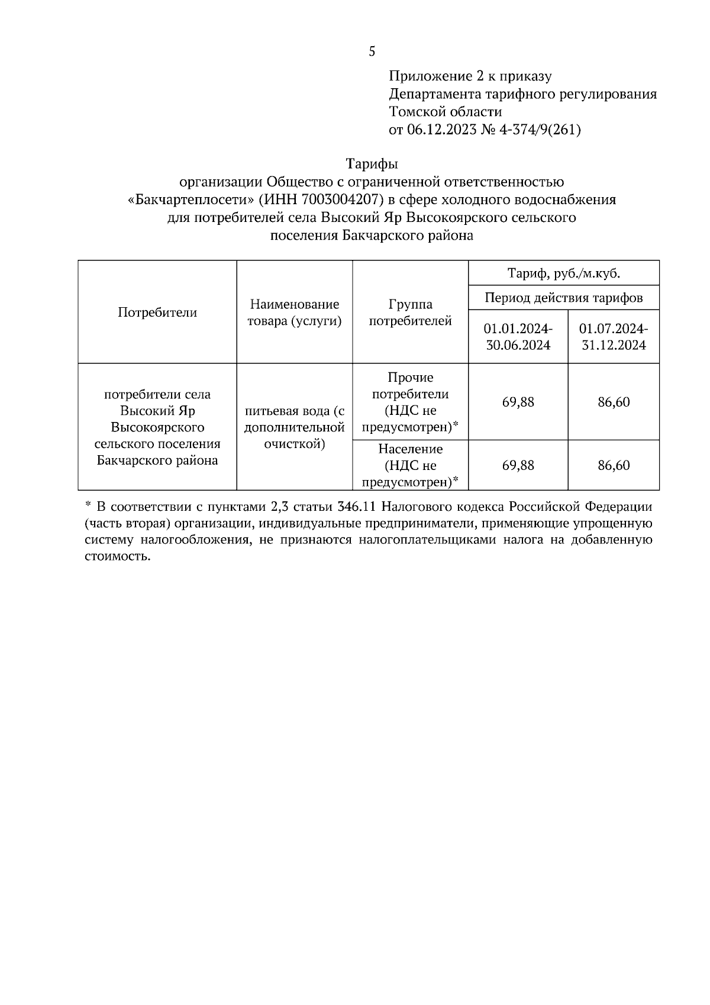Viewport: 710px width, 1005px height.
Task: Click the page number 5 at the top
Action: (x=372, y=51)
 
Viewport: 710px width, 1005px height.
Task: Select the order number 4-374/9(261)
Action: (x=540, y=130)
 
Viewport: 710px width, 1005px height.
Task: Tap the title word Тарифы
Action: (x=372, y=164)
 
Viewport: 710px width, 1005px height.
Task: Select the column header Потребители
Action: (x=157, y=313)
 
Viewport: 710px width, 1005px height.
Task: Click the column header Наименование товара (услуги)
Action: (x=295, y=313)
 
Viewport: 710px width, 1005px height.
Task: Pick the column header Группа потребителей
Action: (x=410, y=313)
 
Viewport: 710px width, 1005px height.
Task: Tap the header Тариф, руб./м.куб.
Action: (x=563, y=273)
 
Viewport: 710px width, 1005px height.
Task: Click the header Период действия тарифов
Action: (x=563, y=298)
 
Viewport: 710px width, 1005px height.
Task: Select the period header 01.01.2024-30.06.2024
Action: (x=518, y=337)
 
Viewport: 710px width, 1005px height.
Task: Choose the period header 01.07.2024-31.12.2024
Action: (x=614, y=337)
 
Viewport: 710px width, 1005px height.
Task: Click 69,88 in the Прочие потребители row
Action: (x=518, y=402)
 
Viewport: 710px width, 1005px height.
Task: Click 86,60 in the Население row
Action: (x=614, y=466)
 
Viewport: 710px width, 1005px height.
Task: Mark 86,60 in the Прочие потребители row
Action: (x=614, y=402)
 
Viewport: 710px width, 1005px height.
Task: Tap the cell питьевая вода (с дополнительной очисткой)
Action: (x=295, y=427)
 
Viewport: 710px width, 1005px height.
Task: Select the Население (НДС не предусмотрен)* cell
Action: (x=410, y=466)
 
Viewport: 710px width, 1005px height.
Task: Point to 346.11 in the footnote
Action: (x=356, y=507)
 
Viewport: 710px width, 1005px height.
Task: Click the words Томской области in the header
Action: (x=445, y=112)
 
